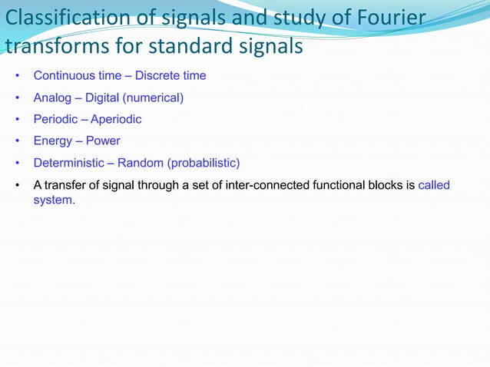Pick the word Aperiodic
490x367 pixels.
pyautogui.click(x=116, y=120)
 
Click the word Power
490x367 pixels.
pyautogui.click(x=103, y=141)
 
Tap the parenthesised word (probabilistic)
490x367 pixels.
pyautogui.click(x=201, y=163)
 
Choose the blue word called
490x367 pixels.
pyautogui.click(x=434, y=185)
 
